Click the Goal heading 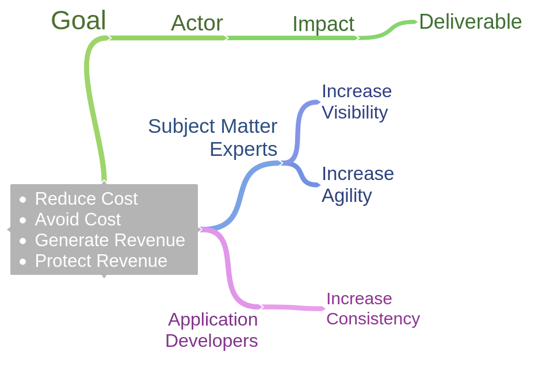point(78,21)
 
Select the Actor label point(197,23)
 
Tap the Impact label point(323,24)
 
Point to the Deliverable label point(470,22)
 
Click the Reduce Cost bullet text point(86,198)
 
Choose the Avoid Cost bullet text point(78,219)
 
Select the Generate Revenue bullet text point(110,240)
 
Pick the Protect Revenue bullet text point(101,261)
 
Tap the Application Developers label point(212,330)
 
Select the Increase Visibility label point(356,101)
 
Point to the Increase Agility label point(357,184)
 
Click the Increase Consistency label point(372,308)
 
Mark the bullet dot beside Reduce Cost point(23,200)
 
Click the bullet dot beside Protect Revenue point(23,262)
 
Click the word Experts point(243,149)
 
